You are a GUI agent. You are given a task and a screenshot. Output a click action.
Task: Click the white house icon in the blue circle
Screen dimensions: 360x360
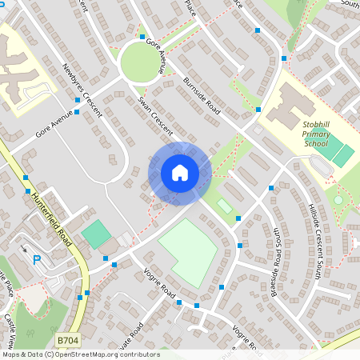(x=179, y=173)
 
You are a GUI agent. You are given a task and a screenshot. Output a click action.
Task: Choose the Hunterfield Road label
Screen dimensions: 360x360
(x=53, y=219)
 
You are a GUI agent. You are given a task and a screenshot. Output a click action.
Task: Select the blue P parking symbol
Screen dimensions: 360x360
(x=36, y=259)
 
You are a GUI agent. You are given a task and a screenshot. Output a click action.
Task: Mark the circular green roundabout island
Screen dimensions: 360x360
(x=141, y=61)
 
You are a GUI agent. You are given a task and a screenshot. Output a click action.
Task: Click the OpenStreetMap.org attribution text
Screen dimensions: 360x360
(x=104, y=354)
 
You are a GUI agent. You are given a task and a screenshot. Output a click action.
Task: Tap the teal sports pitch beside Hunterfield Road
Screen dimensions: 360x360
(x=96, y=234)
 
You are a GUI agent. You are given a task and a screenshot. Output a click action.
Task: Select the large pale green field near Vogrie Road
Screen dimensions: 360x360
(x=188, y=250)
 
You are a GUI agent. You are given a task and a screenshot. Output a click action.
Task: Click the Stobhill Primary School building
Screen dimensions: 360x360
(x=287, y=108)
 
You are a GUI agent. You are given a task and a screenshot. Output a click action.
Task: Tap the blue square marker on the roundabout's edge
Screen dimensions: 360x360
(x=142, y=37)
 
